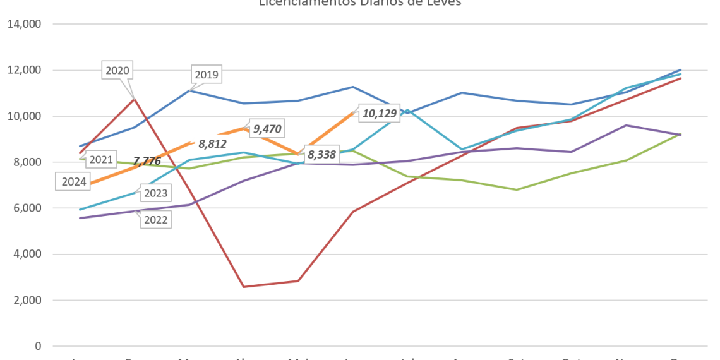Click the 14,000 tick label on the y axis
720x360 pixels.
coord(24,24)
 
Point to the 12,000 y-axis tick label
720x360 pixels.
coord(24,70)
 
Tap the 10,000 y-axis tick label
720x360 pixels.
coord(24,116)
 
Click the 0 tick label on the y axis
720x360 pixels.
coord(39,346)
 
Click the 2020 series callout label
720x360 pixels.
coord(117,70)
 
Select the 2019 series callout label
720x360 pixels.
coord(207,75)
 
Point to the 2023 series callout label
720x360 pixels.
coord(155,193)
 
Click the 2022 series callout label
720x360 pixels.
coord(155,220)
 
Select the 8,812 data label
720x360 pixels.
coord(212,143)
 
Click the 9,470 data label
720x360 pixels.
coord(267,129)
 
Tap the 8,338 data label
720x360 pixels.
coord(321,154)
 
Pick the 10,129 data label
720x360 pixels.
coord(379,114)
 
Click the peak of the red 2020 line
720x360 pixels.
coord(134,98)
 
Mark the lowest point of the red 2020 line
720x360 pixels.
coord(244,286)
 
